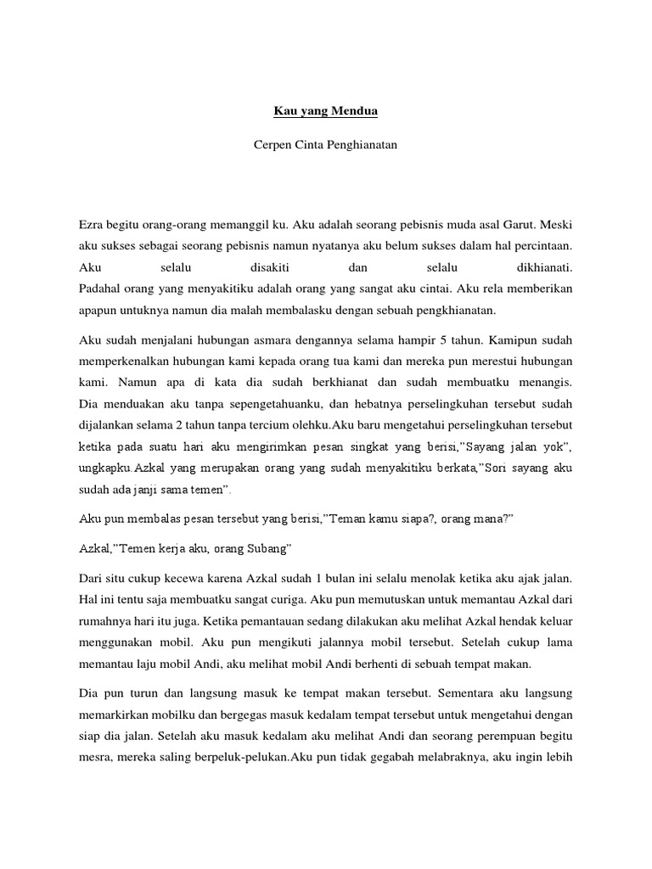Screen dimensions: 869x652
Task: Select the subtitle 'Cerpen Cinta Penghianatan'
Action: tap(325, 145)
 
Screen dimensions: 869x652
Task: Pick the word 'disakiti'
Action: tap(260, 267)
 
